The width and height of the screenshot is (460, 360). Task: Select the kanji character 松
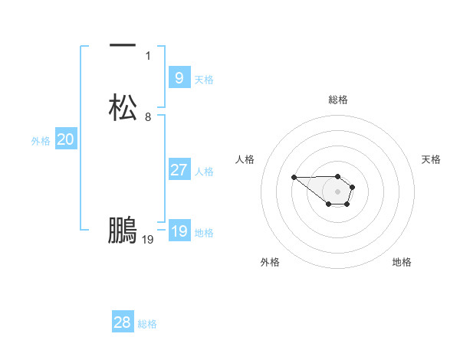(x=123, y=107)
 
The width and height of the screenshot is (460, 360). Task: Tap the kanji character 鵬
(x=123, y=231)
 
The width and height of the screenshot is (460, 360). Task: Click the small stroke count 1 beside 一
(x=148, y=56)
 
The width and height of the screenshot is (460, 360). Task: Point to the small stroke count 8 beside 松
(x=148, y=117)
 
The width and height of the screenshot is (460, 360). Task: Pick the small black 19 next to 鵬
(x=148, y=240)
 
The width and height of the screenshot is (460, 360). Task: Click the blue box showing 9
(x=179, y=78)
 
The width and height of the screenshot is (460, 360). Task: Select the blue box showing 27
(x=179, y=170)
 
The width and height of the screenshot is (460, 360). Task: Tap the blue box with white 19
(x=179, y=231)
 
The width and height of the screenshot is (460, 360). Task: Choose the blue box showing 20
(x=65, y=139)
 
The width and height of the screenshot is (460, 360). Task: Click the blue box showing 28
(x=123, y=322)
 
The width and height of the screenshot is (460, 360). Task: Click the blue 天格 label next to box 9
(x=204, y=80)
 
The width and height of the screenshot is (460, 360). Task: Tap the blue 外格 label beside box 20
(x=41, y=141)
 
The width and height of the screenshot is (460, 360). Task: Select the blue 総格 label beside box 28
(x=147, y=324)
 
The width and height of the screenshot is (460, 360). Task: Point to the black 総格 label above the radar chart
(x=338, y=100)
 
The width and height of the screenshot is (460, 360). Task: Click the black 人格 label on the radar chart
(x=245, y=159)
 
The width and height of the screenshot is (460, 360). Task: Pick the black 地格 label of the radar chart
(x=402, y=262)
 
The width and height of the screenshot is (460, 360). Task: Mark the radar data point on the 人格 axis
(x=294, y=178)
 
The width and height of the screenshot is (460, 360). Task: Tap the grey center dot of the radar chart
(x=338, y=191)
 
